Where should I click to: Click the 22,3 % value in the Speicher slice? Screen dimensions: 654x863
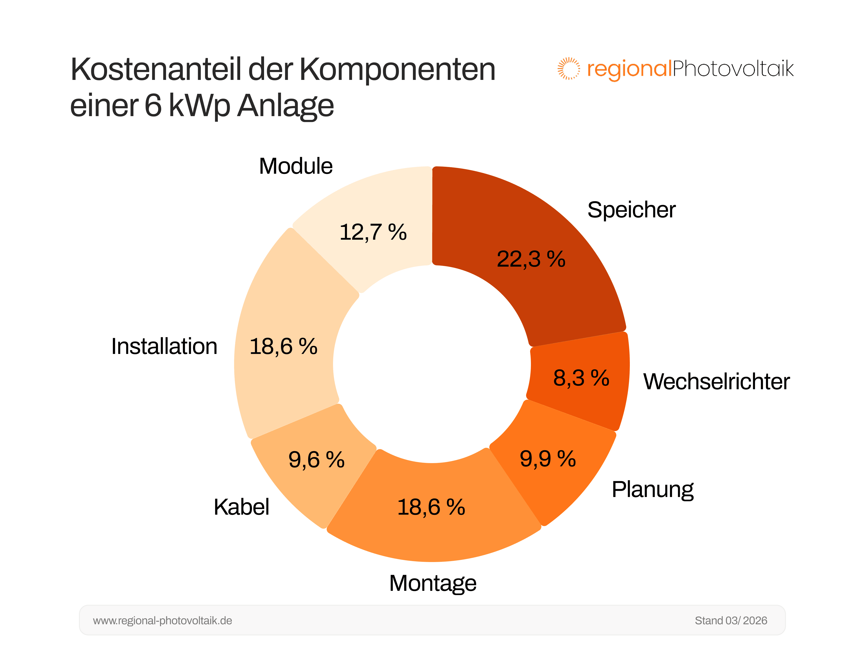click(x=531, y=259)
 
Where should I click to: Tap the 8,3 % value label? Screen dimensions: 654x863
click(x=581, y=378)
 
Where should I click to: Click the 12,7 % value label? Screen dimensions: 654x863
click(x=373, y=232)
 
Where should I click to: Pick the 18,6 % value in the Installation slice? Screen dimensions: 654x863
click(x=283, y=347)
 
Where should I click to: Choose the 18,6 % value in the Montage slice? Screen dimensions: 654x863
click(x=431, y=507)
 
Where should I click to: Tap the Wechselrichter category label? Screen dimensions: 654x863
click(x=716, y=382)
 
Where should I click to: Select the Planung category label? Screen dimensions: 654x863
click(x=652, y=489)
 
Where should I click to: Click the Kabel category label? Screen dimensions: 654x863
click(x=241, y=507)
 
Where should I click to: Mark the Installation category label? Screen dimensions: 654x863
click(x=164, y=347)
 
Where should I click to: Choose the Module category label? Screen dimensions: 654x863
click(x=295, y=166)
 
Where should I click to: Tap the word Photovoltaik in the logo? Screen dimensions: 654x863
click(x=733, y=69)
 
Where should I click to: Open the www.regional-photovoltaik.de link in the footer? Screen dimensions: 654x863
click(x=162, y=621)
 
